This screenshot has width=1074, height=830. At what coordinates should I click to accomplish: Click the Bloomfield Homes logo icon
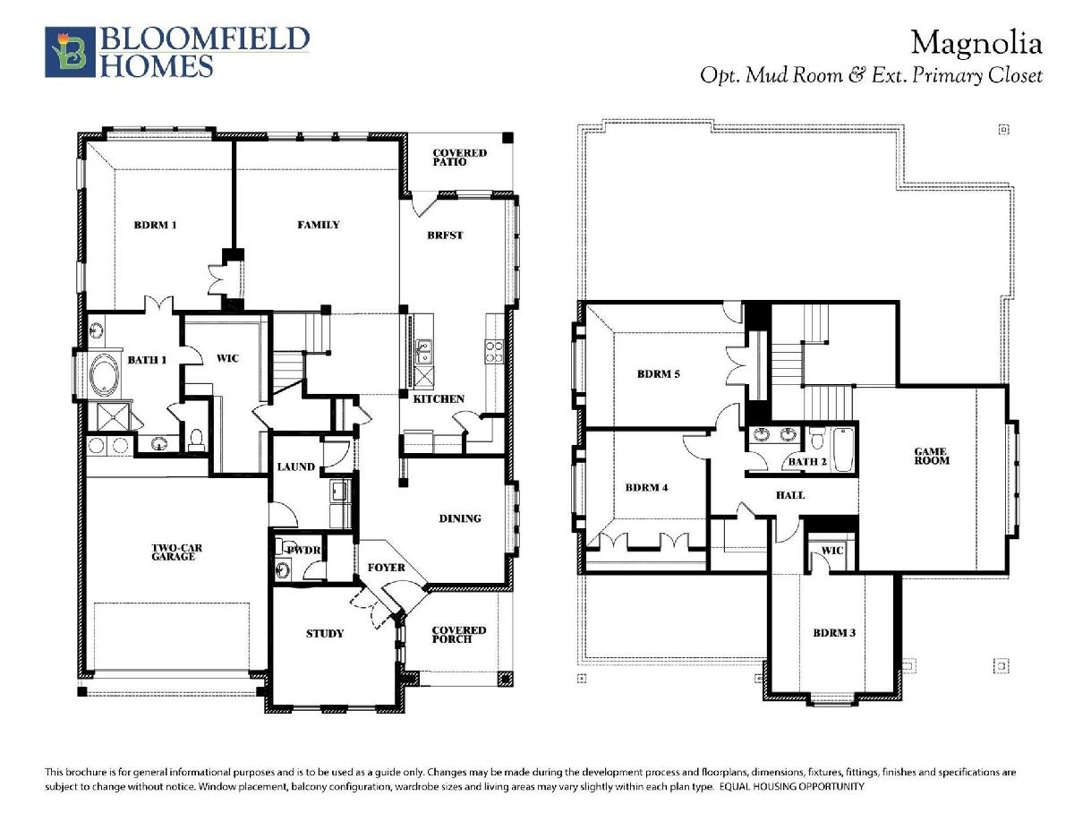tap(70, 52)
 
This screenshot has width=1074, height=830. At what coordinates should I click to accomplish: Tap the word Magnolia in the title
tap(976, 44)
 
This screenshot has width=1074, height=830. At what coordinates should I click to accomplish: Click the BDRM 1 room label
tap(155, 226)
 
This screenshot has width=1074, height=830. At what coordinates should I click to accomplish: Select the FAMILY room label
tap(319, 225)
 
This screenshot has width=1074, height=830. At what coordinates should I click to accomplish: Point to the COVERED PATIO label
tap(460, 158)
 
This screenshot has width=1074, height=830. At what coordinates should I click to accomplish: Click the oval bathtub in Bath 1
tap(105, 375)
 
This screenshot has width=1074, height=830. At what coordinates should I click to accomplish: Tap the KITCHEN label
tap(439, 399)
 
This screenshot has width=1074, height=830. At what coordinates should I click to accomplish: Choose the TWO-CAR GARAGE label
tap(176, 552)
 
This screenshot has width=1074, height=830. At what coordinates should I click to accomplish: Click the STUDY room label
tap(324, 633)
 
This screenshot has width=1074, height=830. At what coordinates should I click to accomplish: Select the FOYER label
tap(386, 568)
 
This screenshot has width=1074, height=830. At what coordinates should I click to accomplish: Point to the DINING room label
tap(460, 518)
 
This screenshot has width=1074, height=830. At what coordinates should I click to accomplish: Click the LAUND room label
tap(295, 466)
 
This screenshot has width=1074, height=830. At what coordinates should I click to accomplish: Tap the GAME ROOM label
tap(932, 456)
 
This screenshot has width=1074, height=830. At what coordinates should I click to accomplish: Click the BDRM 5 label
tap(659, 374)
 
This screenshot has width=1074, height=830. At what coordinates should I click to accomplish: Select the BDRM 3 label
tap(834, 633)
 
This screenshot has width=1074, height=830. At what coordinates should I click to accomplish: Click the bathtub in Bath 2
tap(843, 449)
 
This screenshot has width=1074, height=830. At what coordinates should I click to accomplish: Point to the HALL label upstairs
tap(789, 495)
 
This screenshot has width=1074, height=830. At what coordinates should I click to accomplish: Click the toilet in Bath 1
tap(197, 440)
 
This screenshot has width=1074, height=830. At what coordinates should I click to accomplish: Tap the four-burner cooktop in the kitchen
tap(494, 352)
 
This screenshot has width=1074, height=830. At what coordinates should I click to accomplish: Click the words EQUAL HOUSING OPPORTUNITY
tap(792, 786)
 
